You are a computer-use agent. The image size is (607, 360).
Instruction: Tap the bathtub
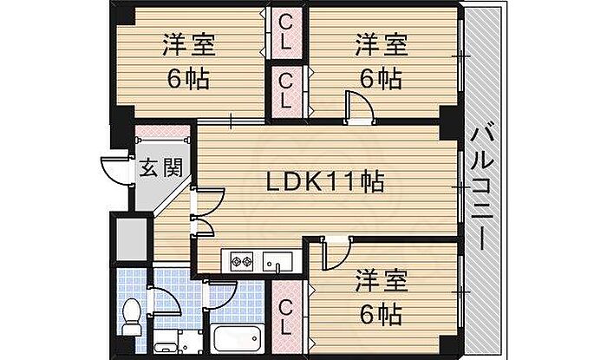pyautogui.click(x=237, y=338)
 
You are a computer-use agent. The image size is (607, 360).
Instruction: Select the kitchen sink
pyautogui.click(x=277, y=260)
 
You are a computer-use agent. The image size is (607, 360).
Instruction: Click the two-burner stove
pyautogui.click(x=242, y=260)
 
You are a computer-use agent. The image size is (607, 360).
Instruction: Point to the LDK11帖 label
pyautogui.click(x=325, y=182)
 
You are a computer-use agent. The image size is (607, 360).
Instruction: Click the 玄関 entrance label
pyautogui.click(x=160, y=167)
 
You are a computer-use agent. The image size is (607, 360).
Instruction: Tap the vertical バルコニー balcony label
pyautogui.click(x=481, y=190)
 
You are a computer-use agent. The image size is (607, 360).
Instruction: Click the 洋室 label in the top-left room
pyautogui.click(x=189, y=45)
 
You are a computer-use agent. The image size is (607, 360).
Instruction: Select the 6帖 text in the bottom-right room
pyautogui.click(x=381, y=314)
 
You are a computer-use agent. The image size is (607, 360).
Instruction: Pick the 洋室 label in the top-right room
pyautogui.click(x=382, y=45)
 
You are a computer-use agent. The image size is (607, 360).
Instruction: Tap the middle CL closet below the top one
pyautogui.click(x=286, y=91)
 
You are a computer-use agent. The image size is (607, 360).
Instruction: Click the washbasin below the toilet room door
pyautogui.click(x=166, y=342)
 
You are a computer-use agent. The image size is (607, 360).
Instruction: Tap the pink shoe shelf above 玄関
pyautogui.click(x=163, y=132)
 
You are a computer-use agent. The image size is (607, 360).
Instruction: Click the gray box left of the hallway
pyautogui.click(x=132, y=239)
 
